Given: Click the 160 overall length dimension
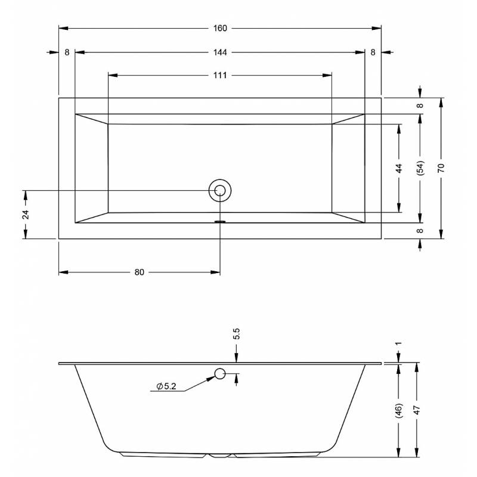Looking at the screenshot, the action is [x=220, y=28].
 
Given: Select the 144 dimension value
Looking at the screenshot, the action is [x=220, y=52].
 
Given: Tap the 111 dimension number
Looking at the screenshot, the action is [x=220, y=75].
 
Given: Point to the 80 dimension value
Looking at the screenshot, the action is [x=139, y=272].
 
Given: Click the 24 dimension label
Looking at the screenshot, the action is [x=26, y=215].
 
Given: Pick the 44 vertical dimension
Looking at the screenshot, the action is [x=399, y=168].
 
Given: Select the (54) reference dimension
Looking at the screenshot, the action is [x=420, y=168].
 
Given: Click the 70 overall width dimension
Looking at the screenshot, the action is [x=441, y=168].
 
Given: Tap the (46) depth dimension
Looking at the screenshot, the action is [x=399, y=410].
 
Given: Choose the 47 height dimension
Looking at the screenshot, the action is [x=416, y=410].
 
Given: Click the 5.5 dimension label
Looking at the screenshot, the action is [x=237, y=334].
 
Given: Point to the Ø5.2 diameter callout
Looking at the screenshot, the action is [x=166, y=386].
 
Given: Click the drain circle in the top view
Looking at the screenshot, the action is [x=220, y=190].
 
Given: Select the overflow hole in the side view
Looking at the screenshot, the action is [x=220, y=374].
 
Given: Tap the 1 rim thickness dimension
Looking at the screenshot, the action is [x=398, y=343].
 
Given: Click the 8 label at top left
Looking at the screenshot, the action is [x=67, y=52].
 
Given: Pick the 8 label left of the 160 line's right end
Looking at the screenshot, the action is [x=373, y=52].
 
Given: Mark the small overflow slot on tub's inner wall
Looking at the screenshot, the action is [x=220, y=221].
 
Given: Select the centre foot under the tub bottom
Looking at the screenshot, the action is [x=220, y=456].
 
